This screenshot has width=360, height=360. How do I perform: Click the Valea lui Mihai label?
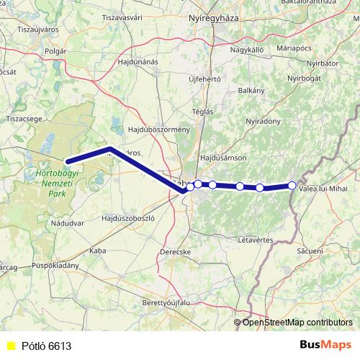(328, 188)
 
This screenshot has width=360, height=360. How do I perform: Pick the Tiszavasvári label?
(141, 17)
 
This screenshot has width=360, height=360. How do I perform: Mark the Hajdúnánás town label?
(138, 62)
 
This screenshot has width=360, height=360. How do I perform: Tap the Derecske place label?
(176, 252)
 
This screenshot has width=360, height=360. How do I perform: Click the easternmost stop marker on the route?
(292, 185)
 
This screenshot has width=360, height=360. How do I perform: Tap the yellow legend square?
(10, 346)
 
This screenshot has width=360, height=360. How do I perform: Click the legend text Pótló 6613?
(45, 346)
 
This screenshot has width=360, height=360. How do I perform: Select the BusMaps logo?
(325, 346)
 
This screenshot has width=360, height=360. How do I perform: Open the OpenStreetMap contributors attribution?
(297, 322)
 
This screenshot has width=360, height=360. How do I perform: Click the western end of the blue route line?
(67, 162)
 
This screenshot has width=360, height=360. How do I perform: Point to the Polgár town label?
(55, 51)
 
